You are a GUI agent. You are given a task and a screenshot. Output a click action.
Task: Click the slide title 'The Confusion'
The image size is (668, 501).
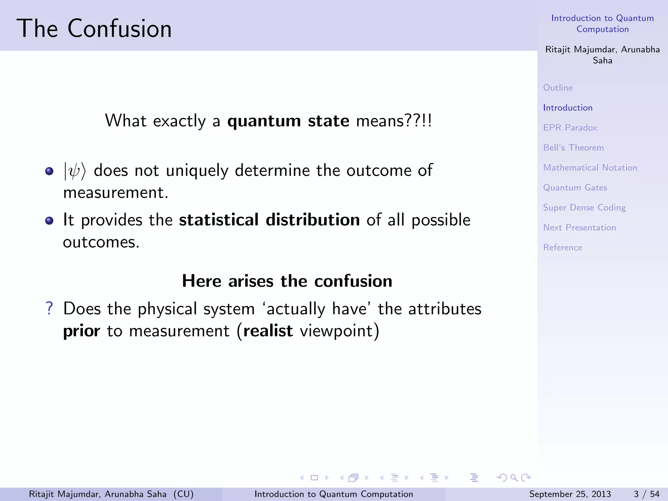94,29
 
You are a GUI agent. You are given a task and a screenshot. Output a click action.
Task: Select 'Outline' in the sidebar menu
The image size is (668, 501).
558,88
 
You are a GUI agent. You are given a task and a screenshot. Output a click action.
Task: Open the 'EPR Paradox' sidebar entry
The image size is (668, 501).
570,128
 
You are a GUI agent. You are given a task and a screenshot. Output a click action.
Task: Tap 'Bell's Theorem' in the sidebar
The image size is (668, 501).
573,148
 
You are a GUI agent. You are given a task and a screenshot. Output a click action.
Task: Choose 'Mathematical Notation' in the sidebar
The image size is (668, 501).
590,168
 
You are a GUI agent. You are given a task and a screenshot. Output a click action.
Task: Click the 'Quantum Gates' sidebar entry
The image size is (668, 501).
575,188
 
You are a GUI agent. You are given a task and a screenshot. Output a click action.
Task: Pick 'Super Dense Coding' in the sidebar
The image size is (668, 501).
584,208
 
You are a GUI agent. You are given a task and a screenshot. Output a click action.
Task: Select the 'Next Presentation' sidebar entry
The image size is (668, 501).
579,228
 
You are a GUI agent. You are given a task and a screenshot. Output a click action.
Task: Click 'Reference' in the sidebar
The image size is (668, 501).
563,248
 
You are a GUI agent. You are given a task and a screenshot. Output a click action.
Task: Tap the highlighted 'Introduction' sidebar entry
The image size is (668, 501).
568,108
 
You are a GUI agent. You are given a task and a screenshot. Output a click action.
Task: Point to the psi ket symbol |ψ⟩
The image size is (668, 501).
75,171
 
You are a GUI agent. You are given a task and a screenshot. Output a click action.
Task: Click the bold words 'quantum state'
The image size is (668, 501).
288,121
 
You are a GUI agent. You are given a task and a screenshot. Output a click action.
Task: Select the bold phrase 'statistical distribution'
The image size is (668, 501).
269,220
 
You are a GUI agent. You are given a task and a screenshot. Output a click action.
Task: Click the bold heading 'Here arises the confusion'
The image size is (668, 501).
287,281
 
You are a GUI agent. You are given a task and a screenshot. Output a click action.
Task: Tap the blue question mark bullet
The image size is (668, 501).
49,308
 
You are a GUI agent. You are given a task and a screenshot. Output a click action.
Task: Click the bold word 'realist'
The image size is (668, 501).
268,331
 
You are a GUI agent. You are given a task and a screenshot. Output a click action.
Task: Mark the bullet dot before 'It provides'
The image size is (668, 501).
49,221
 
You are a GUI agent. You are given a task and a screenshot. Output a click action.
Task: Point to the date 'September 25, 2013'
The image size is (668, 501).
570,494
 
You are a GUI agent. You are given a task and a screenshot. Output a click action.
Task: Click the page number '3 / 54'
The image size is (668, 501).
646,494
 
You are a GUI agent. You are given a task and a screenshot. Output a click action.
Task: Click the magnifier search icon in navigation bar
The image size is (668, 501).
514,478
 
